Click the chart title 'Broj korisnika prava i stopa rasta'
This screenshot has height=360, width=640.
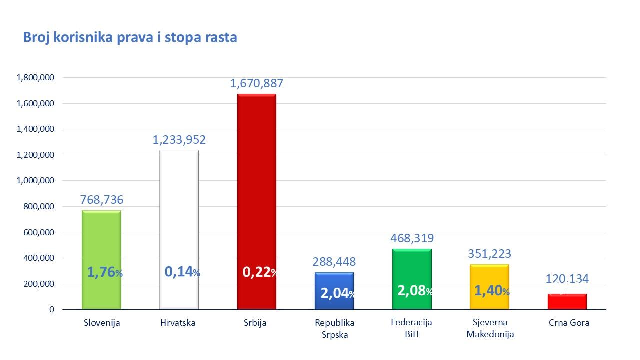pyautogui.click(x=130, y=38)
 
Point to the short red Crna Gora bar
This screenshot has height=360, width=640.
pyautogui.click(x=567, y=302)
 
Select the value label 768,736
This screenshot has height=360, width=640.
pyautogui.click(x=102, y=200)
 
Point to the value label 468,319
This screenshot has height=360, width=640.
pyautogui.click(x=412, y=238)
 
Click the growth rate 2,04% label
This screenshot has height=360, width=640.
pyautogui.click(x=338, y=293)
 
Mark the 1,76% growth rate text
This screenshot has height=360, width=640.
pyautogui.click(x=105, y=272)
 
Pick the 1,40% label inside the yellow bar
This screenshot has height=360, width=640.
pyautogui.click(x=492, y=291)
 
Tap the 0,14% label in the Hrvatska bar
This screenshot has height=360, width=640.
pyautogui.click(x=182, y=272)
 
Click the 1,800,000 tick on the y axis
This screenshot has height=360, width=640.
pyautogui.click(x=35, y=78)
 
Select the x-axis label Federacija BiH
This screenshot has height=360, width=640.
pyautogui.click(x=411, y=328)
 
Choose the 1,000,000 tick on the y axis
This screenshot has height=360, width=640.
pyautogui.click(x=35, y=181)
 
